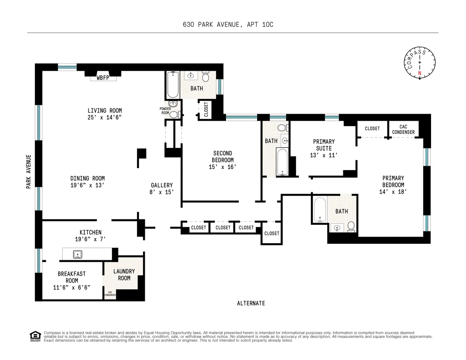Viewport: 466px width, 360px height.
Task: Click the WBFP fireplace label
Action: click(103, 78)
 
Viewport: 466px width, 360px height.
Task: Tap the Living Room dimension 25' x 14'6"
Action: click(104, 117)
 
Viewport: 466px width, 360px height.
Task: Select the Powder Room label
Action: click(165, 111)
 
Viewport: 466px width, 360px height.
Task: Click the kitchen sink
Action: click(78, 254)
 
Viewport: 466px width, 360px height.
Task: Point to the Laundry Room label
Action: click(124, 275)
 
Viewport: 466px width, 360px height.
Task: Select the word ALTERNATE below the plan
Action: click(251, 303)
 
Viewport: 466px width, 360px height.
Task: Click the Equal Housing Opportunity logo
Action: click(35, 336)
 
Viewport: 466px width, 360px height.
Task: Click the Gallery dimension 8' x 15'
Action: click(162, 192)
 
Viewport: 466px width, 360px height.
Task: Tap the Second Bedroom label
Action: click(223, 157)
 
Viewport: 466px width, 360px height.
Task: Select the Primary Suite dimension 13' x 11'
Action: click(323, 155)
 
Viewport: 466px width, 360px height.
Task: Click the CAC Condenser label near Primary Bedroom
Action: click(403, 129)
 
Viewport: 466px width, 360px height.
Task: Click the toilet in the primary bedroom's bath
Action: click(351, 226)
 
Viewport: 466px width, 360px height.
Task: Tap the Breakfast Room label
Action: click(71, 277)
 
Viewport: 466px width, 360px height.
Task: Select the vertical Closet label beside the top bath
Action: click(206, 110)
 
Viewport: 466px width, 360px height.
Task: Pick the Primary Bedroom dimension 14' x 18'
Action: click(393, 191)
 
